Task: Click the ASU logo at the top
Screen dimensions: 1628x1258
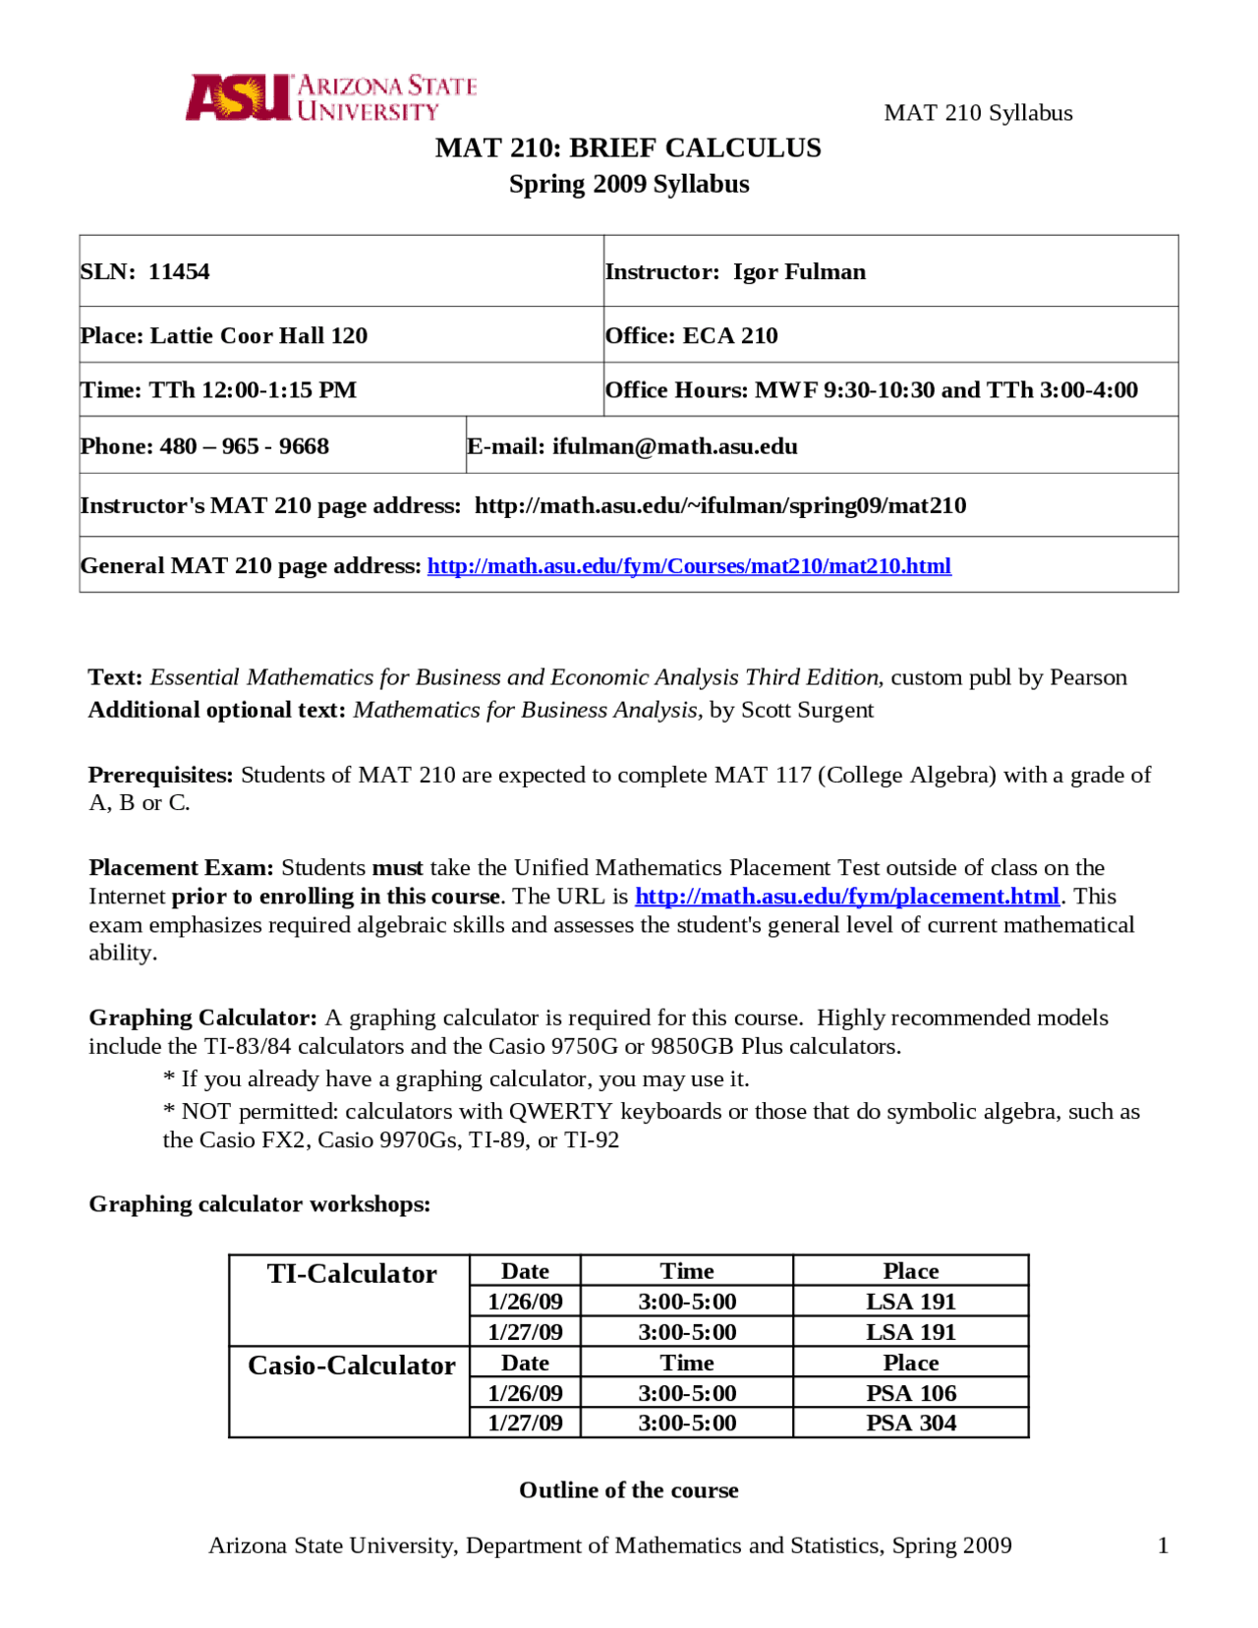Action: [330, 97]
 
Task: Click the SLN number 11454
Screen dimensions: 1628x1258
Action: [179, 271]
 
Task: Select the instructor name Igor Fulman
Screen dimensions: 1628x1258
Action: [799, 271]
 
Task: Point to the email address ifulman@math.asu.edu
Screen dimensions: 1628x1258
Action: [674, 446]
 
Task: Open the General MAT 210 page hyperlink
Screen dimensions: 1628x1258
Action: [689, 566]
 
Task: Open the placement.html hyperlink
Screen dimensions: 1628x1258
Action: [846, 897]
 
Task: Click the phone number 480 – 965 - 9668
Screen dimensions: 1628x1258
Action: [244, 446]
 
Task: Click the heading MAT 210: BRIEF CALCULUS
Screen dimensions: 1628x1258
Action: [628, 147]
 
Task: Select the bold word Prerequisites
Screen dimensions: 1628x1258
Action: [160, 775]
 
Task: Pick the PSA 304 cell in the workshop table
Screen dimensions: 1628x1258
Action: [910, 1423]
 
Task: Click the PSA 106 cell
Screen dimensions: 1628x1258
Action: [910, 1393]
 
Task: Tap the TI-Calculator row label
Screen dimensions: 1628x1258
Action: [351, 1274]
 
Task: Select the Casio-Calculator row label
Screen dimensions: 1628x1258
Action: [351, 1366]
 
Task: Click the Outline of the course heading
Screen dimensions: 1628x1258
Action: [628, 1490]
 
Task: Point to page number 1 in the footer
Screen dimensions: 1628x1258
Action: [1163, 1545]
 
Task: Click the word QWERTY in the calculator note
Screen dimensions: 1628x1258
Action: [560, 1112]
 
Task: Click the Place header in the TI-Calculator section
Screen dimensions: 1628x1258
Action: [910, 1271]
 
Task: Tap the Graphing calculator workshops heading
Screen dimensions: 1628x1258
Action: [259, 1204]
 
